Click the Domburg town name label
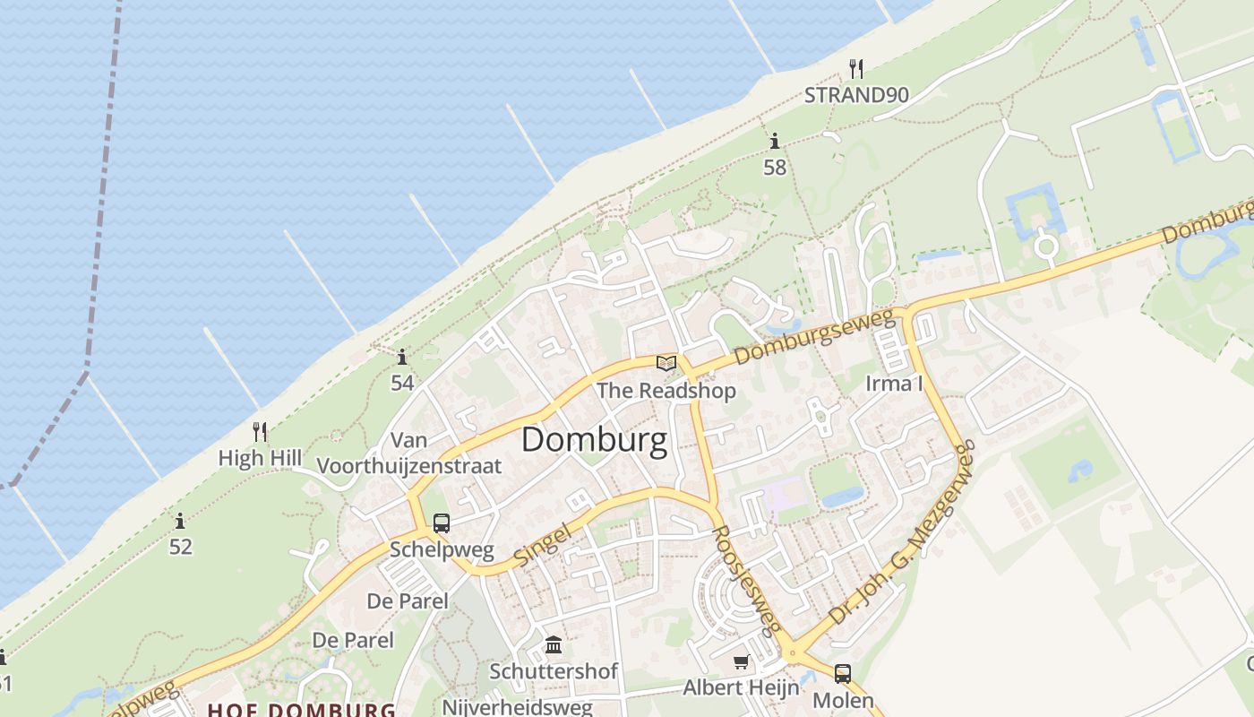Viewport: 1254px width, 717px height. click(594, 440)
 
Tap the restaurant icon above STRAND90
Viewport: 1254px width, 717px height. click(856, 69)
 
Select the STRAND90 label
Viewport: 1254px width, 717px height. click(856, 95)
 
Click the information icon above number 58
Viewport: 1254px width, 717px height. click(774, 142)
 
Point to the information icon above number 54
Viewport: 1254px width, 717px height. click(402, 358)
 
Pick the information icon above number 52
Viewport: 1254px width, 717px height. click(180, 521)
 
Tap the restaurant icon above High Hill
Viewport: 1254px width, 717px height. click(260, 432)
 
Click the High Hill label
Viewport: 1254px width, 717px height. click(260, 458)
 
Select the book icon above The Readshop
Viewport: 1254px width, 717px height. click(666, 363)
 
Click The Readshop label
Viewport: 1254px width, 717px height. click(666, 391)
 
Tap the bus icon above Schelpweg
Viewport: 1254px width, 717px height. click(442, 523)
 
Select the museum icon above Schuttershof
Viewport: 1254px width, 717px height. click(554, 645)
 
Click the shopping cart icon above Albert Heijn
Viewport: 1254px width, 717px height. click(741, 662)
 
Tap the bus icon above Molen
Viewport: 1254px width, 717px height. click(843, 674)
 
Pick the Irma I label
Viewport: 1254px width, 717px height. click(894, 384)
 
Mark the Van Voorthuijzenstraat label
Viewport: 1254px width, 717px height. click(409, 454)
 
